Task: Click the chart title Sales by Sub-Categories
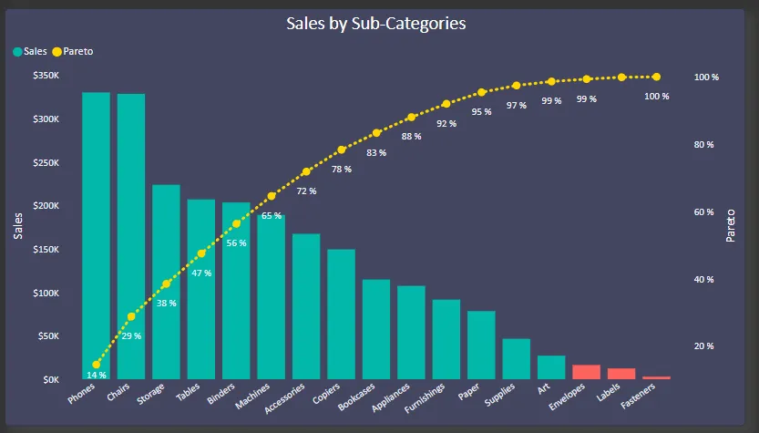[375, 24]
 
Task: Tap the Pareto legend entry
[77, 51]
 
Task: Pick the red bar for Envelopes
[586, 372]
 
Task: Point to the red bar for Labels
[621, 374]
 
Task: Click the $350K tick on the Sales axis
[46, 76]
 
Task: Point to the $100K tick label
[46, 293]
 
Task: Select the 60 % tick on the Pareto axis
[704, 212]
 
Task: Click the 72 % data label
[306, 191]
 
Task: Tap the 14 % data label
[97, 375]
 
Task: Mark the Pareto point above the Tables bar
[201, 253]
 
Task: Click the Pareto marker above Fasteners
[656, 77]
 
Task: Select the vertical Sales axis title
[18, 224]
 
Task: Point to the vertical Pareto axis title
[731, 224]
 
